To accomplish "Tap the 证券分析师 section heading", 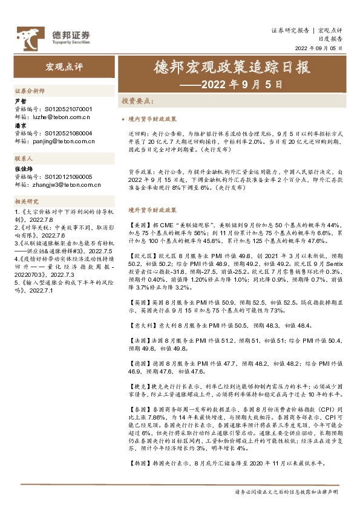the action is coord(30,90).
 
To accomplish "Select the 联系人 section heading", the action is coord(24,158).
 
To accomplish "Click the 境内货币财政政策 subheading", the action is coord(152,120).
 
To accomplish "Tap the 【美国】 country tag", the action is coord(140,225).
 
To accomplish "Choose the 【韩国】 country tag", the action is coord(140,464).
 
